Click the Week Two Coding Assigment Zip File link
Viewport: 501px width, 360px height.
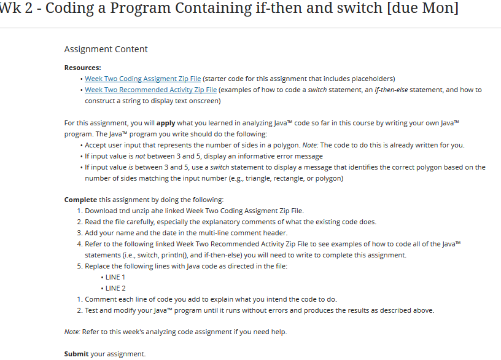(x=142, y=79)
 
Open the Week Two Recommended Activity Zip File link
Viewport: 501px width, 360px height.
(x=150, y=90)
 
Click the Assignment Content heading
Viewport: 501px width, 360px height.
(x=106, y=49)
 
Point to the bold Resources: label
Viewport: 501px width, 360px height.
(x=83, y=68)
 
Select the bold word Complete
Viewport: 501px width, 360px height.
(x=80, y=200)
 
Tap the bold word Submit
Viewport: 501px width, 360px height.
(x=77, y=354)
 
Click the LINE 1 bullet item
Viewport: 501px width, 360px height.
(x=115, y=277)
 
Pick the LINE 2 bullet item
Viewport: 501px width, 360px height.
(x=115, y=288)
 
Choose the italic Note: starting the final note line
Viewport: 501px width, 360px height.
(x=72, y=332)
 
